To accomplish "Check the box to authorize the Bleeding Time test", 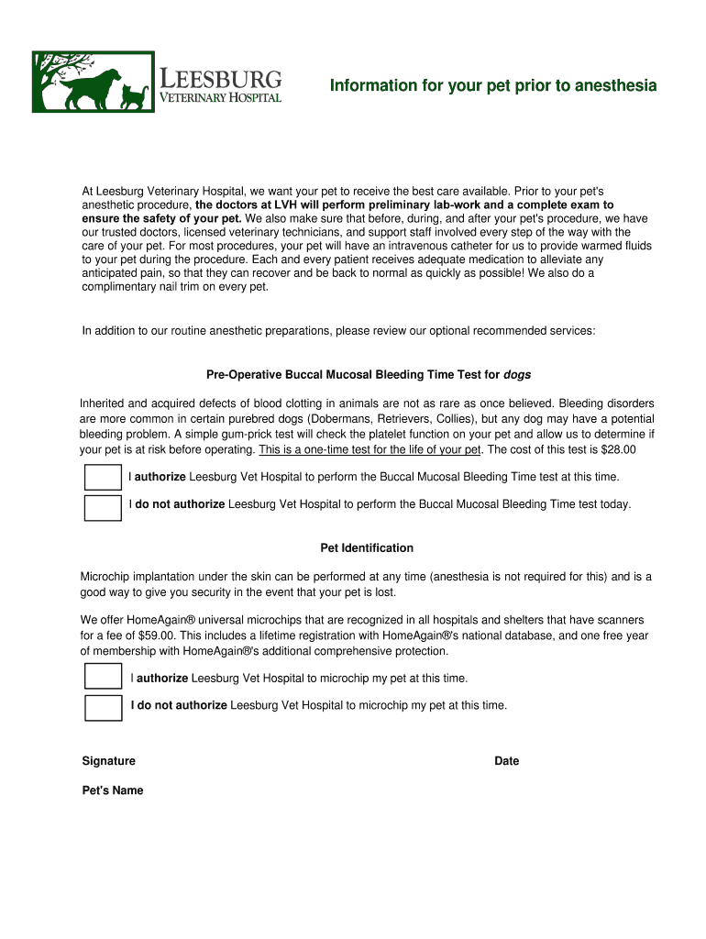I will [103, 478].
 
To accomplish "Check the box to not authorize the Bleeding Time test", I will [103, 507].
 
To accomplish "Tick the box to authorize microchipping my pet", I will [103, 678].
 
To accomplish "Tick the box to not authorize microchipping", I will [103, 708].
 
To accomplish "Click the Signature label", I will [108, 761].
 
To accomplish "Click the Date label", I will [506, 761].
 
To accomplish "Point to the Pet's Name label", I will [113, 790].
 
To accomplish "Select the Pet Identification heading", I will [367, 548].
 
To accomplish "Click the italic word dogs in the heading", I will [517, 375].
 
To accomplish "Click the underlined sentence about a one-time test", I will [370, 449].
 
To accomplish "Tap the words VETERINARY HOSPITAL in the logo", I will [221, 97].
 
